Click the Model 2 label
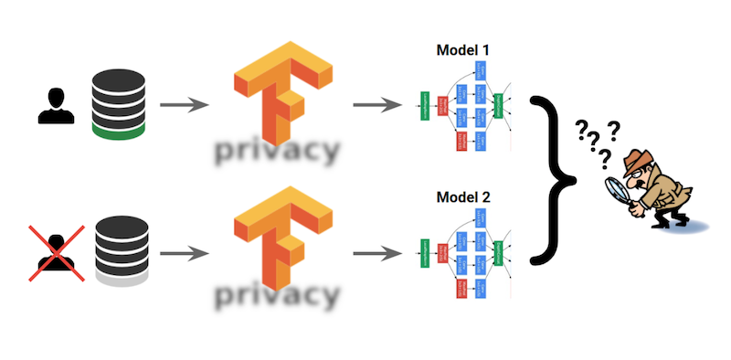click(463, 196)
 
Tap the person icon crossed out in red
click(53, 251)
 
